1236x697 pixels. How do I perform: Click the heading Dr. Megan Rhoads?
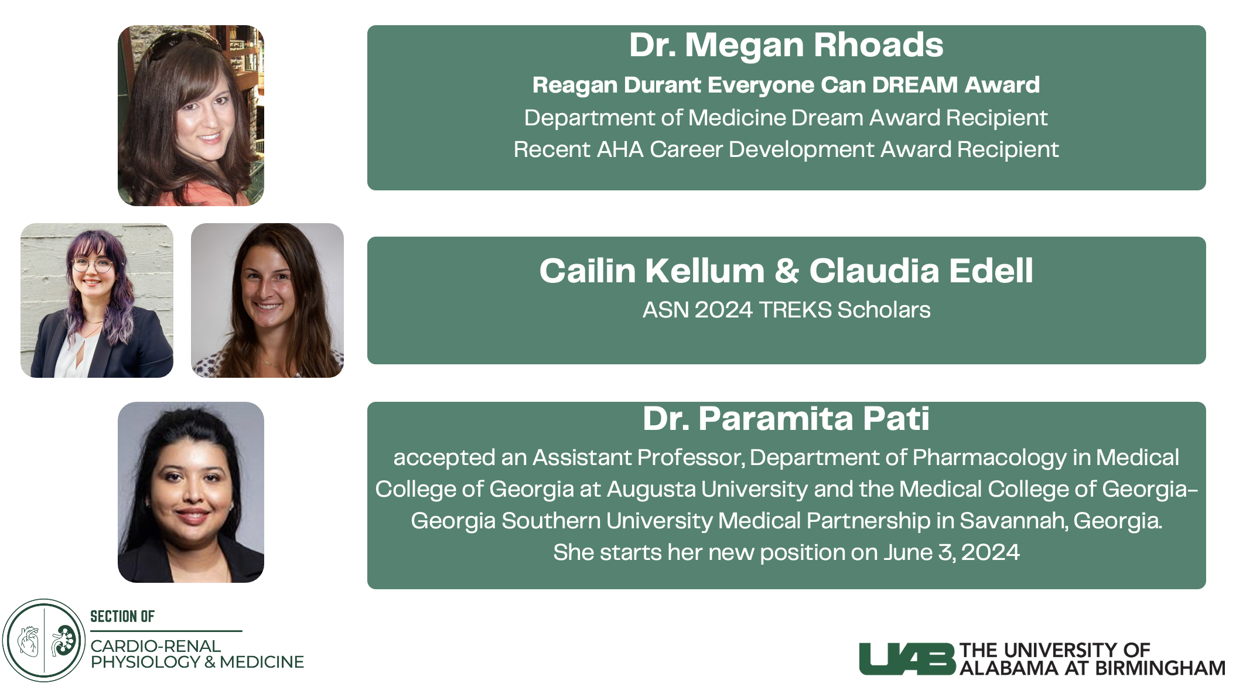coord(786,45)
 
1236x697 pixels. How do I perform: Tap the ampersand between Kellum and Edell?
coord(787,271)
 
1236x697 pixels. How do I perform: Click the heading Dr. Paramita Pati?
coord(786,419)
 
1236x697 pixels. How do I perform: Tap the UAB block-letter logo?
coord(907,659)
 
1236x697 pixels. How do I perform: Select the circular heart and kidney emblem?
coord(44,640)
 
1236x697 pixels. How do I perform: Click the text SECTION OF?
coord(122,616)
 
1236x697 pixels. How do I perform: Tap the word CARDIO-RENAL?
coord(155,645)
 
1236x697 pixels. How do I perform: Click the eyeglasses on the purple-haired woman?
coord(92,265)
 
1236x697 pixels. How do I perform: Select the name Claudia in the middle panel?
coord(875,271)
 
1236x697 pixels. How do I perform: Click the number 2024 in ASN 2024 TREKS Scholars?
coord(723,310)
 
